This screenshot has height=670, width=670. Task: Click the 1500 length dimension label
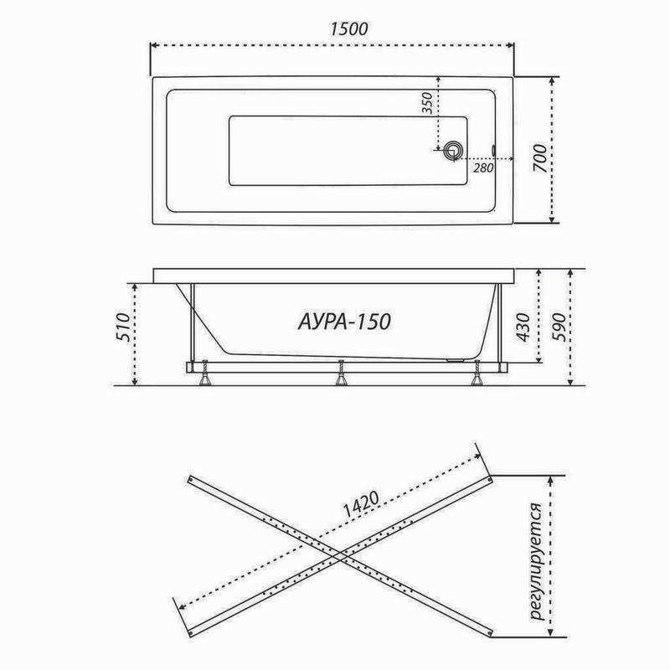(332, 27)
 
